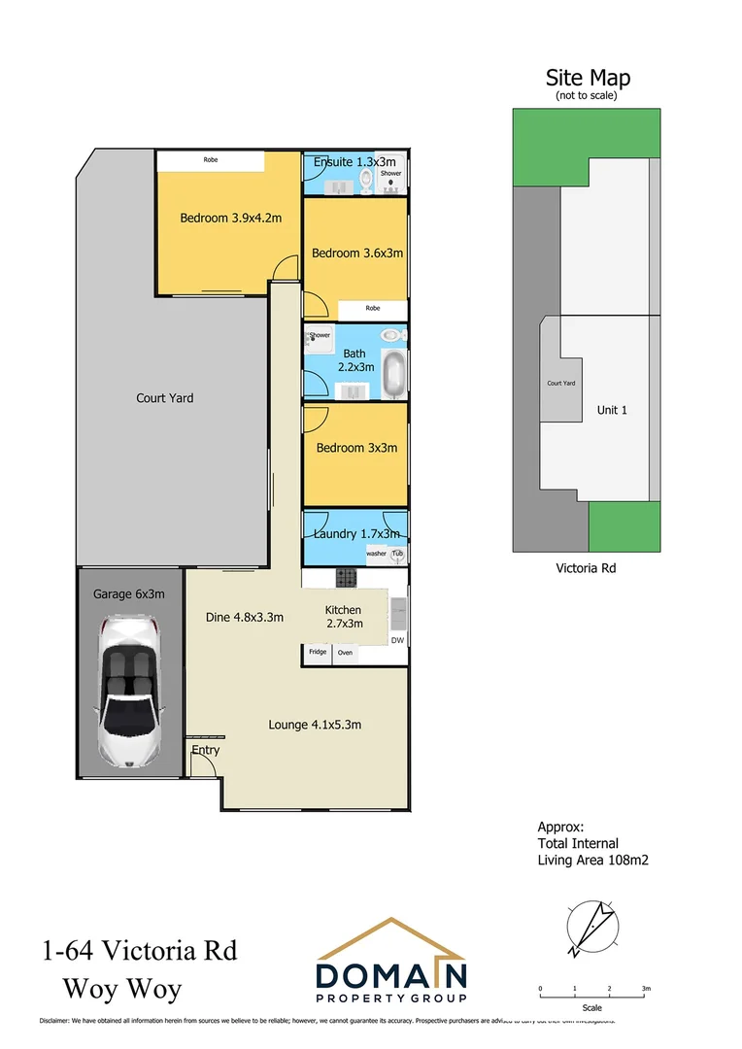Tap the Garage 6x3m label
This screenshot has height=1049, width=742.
128,593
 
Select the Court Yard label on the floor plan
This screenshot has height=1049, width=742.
164,397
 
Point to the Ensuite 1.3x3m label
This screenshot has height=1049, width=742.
354,161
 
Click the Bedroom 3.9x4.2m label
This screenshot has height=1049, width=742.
230,218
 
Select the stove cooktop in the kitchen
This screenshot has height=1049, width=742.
347,578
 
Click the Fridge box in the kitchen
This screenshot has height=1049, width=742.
318,653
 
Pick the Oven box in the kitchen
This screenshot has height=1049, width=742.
345,653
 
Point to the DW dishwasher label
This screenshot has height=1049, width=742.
396,641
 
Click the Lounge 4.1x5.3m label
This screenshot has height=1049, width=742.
316,725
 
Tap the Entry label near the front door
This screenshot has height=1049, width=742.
205,750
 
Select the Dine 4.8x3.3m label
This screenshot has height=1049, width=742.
245,616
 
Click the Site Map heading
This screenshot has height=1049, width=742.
588,78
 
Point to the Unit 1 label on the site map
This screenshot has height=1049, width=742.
612,410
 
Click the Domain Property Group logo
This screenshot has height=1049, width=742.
391,963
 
